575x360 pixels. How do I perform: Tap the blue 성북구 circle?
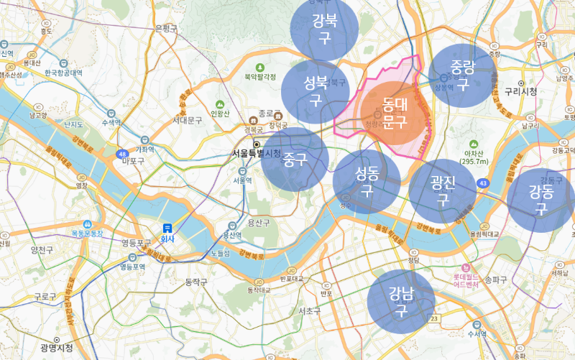click(x=315, y=92)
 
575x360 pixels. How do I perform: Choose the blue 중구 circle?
click(x=295, y=160)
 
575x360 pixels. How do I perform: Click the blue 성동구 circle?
click(x=367, y=181)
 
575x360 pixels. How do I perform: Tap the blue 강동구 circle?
click(x=540, y=200)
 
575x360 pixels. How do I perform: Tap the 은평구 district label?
click(x=165, y=29)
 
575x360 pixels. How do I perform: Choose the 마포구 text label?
click(x=134, y=161)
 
